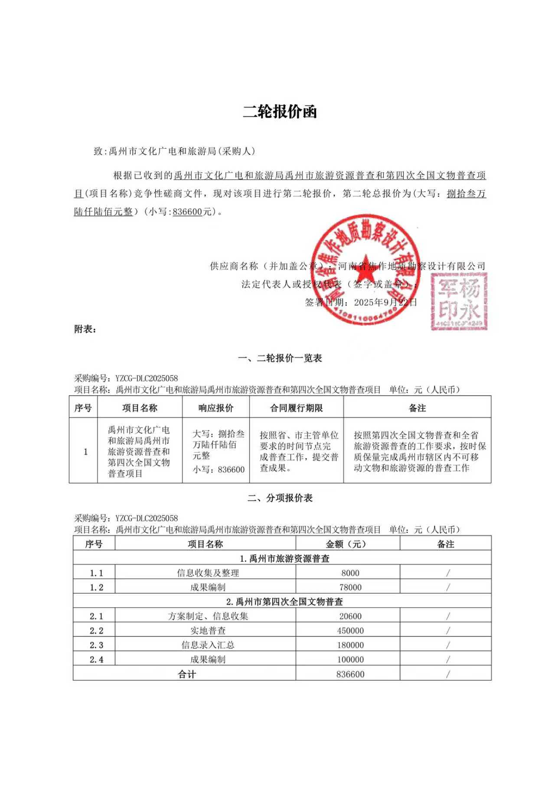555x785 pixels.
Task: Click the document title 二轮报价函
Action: (280, 112)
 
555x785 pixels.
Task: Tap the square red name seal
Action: (459, 301)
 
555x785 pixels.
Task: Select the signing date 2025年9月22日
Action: (385, 302)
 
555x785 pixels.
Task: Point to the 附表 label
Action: (85, 329)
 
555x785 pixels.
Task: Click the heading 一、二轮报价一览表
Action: (280, 358)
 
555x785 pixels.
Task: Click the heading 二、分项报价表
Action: (280, 498)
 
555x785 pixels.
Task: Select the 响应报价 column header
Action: (216, 408)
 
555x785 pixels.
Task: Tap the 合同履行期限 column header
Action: (297, 408)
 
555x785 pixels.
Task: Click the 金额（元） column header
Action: (348, 544)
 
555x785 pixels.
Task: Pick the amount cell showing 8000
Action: (350, 573)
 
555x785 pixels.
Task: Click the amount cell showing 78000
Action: (350, 587)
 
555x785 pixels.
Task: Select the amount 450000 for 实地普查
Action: (350, 631)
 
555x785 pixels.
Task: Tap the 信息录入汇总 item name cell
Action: (208, 645)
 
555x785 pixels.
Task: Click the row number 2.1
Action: (96, 616)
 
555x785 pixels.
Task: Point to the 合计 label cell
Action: (187, 674)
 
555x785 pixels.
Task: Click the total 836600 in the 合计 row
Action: (350, 674)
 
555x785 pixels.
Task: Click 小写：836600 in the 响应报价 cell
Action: (219, 469)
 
